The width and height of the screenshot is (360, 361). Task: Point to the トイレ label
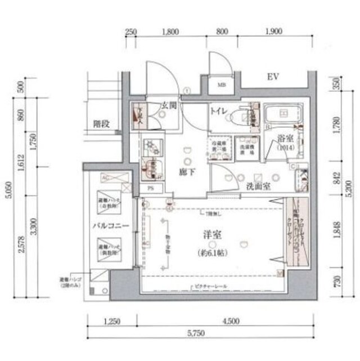click(219, 112)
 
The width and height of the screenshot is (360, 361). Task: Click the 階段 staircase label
click(101, 124)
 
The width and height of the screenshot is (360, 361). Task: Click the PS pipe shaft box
click(150, 189)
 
